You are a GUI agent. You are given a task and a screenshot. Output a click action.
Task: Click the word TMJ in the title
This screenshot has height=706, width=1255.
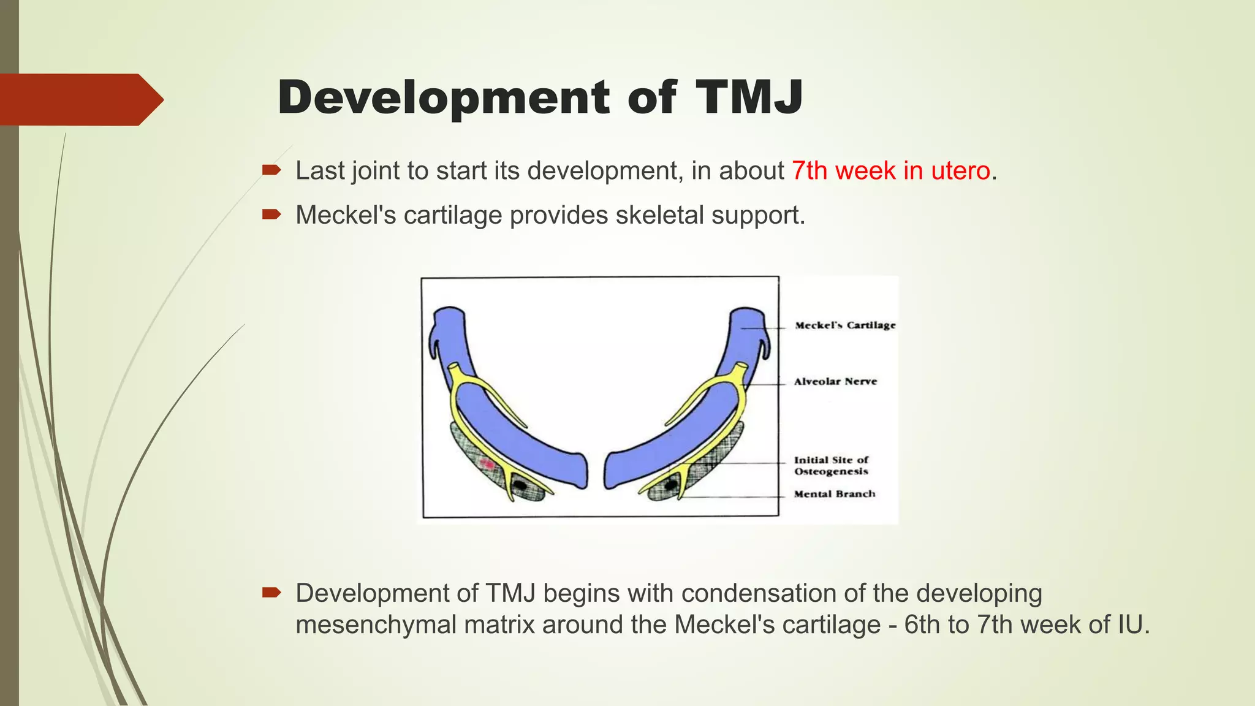pyautogui.click(x=748, y=97)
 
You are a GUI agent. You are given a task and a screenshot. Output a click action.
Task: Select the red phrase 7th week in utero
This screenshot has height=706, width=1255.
pyautogui.click(x=890, y=171)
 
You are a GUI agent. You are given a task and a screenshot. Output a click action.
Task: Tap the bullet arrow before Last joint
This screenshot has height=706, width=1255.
pyautogui.click(x=271, y=170)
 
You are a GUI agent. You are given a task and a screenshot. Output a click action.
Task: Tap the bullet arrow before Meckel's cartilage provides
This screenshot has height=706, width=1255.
pyautogui.click(x=271, y=214)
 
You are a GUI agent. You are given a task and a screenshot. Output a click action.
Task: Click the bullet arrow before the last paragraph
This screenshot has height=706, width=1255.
pyautogui.click(x=271, y=592)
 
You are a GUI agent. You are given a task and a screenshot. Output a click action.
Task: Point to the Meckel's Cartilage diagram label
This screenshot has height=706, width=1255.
pyautogui.click(x=845, y=325)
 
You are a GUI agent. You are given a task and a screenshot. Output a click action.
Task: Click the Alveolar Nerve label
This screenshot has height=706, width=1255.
pyautogui.click(x=835, y=381)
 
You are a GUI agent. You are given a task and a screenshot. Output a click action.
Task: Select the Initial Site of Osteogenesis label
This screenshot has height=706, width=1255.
pyautogui.click(x=831, y=465)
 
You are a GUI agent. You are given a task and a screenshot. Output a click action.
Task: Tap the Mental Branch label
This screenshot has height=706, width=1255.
pyautogui.click(x=834, y=494)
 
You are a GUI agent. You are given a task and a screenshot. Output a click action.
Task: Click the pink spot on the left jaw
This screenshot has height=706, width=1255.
pyautogui.click(x=488, y=464)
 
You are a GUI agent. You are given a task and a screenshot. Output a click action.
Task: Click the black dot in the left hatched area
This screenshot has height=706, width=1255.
pyautogui.click(x=520, y=485)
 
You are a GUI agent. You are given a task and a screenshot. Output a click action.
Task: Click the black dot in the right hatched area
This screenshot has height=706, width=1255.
pyautogui.click(x=672, y=485)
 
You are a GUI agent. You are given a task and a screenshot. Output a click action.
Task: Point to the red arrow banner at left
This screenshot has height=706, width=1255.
pyautogui.click(x=80, y=99)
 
